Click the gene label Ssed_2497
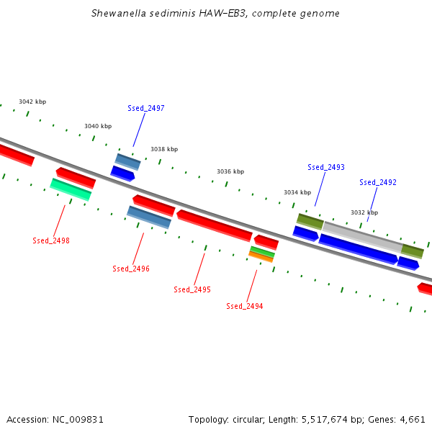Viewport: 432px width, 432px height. tap(146, 108)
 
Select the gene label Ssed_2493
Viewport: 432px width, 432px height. tap(326, 167)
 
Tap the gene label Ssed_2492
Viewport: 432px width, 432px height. tap(378, 182)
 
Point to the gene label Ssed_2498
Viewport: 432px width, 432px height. tap(51, 240)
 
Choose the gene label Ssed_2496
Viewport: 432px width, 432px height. tap(131, 269)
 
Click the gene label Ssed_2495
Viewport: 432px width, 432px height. tap(192, 289)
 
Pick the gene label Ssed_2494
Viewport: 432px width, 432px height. tap(244, 306)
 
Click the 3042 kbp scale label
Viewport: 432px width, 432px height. tap(32, 102)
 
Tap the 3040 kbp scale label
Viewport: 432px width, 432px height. tap(98, 126)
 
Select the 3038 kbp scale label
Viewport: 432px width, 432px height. tap(164, 149)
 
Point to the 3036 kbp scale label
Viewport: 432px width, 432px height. tap(230, 171)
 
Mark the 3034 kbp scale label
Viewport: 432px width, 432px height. tap(297, 192)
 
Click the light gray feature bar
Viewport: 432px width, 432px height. tap(363, 237)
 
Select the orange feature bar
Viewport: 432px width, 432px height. tap(261, 257)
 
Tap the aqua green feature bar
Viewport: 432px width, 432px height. tap(71, 189)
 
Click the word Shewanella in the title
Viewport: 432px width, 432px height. tap(119, 13)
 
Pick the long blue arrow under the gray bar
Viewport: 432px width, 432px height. tap(358, 249)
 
